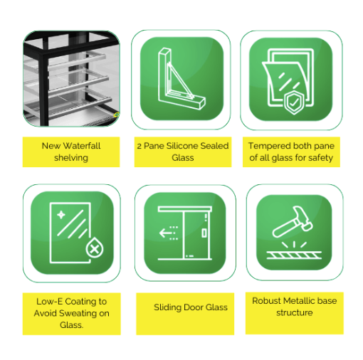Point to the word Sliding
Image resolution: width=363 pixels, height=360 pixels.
coord(167,307)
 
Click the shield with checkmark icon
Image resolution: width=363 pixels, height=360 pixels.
coord(294,102)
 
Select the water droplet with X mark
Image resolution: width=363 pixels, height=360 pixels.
coord(95,248)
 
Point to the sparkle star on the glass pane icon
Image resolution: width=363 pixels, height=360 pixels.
coord(61,215)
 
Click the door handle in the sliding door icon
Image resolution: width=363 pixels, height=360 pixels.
coord(204,233)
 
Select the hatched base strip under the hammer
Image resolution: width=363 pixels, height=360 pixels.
coord(294,255)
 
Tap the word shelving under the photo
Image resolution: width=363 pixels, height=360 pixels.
coord(71,158)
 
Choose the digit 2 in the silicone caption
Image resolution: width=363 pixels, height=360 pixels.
coord(140,146)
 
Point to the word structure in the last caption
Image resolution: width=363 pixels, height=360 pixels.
coord(295,312)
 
